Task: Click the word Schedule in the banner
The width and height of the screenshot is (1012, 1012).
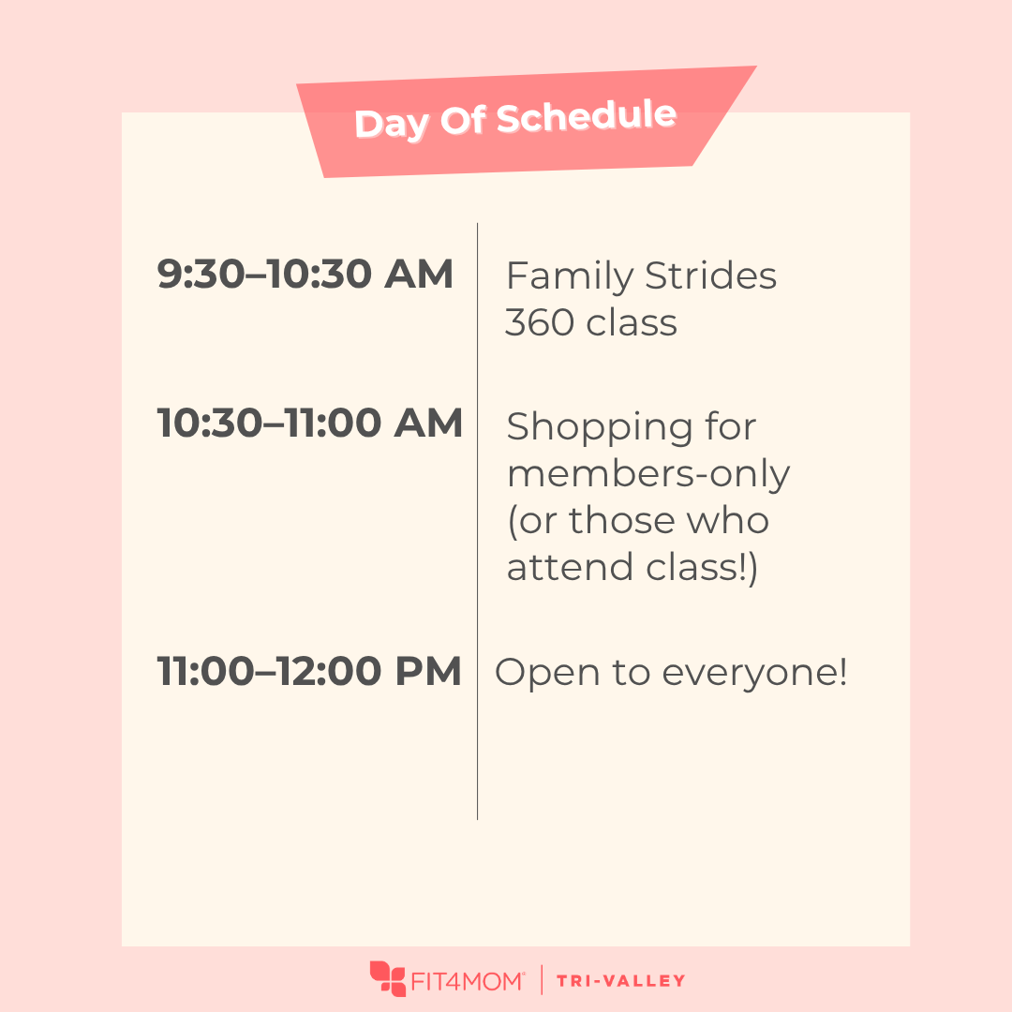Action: (x=587, y=117)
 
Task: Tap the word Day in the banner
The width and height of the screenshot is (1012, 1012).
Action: (x=392, y=124)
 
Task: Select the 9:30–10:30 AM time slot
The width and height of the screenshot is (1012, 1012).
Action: (x=305, y=274)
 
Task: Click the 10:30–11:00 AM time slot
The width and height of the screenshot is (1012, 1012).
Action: (x=310, y=423)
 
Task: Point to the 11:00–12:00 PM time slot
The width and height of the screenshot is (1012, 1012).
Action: (x=309, y=671)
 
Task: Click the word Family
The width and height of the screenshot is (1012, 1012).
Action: (x=570, y=277)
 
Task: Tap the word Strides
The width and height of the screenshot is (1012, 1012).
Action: (x=710, y=275)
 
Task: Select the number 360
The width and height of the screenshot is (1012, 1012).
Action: (x=540, y=322)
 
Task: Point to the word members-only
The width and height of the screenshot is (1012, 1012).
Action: (x=648, y=475)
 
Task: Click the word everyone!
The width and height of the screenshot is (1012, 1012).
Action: (x=754, y=674)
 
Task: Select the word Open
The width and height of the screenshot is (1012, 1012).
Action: (x=547, y=674)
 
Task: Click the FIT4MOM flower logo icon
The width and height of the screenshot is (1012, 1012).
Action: (x=387, y=978)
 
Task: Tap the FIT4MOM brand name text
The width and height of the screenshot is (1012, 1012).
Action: (x=467, y=981)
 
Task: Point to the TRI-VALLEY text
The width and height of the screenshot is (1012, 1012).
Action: (x=621, y=981)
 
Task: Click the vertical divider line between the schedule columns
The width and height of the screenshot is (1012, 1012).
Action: (x=478, y=522)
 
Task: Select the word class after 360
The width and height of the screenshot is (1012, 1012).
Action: (x=632, y=322)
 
